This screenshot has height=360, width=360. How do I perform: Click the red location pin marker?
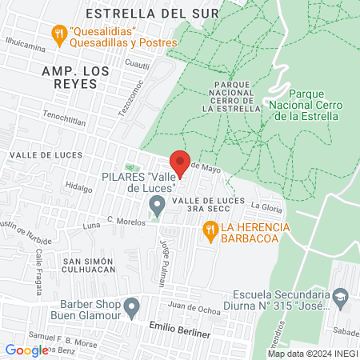tap(181, 161)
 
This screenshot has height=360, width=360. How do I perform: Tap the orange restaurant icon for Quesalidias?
tap(58, 34)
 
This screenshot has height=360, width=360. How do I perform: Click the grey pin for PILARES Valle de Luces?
tap(157, 208)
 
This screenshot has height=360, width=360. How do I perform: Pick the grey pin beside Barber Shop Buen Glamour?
tap(133, 305)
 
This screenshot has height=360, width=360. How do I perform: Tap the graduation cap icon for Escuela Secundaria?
tap(339, 298)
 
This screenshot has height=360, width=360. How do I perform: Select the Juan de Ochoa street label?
tap(192, 306)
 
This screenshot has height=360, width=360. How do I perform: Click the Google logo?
tap(26, 350)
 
